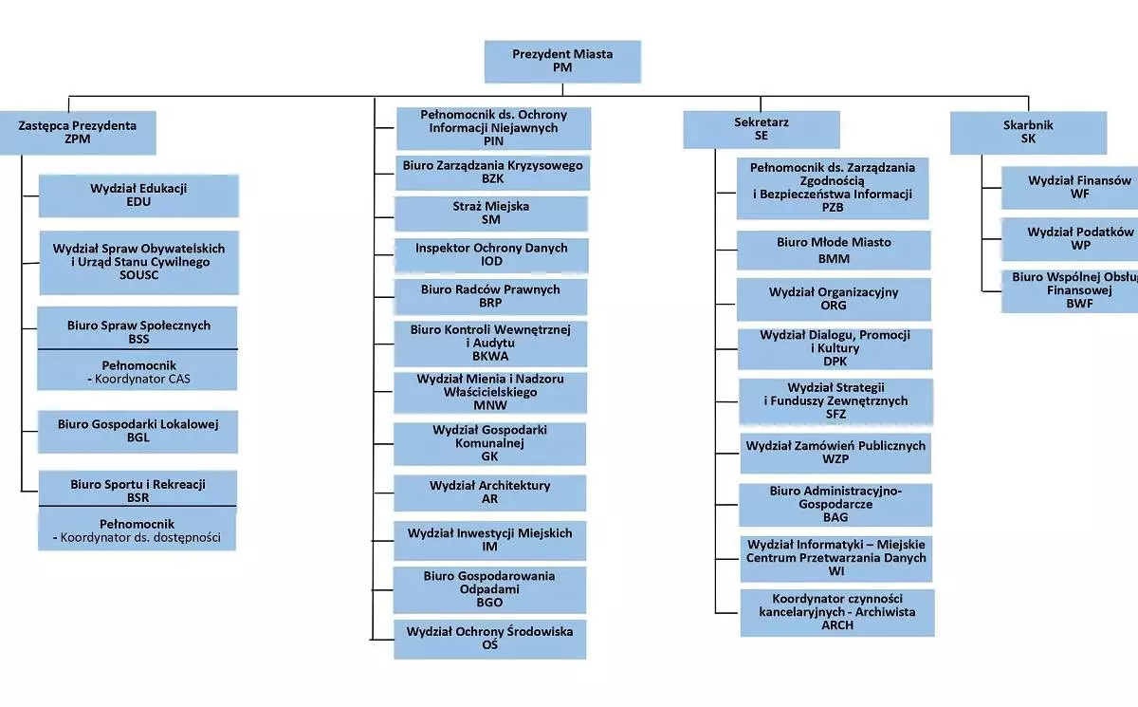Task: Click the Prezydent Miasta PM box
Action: tap(562, 62)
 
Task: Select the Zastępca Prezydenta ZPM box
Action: tap(78, 132)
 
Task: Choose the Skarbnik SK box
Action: tap(1028, 132)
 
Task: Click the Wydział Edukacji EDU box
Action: tap(138, 195)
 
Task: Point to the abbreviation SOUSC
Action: tap(139, 275)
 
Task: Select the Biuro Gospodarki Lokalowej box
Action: tap(138, 432)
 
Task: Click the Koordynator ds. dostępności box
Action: tap(137, 530)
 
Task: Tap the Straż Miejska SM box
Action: tap(490, 214)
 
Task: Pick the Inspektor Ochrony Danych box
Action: tap(491, 255)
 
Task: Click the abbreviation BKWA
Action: tap(490, 357)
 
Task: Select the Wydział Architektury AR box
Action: tap(489, 493)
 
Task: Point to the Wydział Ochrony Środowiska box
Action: tap(489, 639)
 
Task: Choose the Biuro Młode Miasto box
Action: tap(834, 250)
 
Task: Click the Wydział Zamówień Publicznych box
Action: tap(835, 453)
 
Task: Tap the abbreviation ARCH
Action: tap(837, 625)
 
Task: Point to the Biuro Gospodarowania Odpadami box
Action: tap(489, 589)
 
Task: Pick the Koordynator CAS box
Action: tap(138, 371)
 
